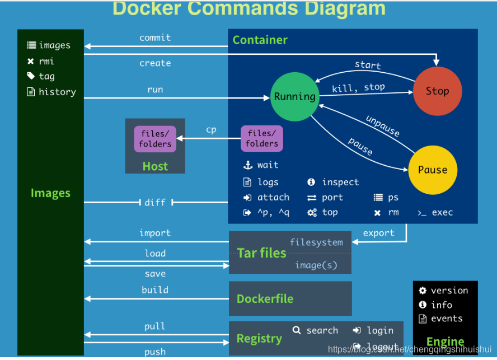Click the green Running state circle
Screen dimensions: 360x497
tap(294, 97)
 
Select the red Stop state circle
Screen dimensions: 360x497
tap(437, 91)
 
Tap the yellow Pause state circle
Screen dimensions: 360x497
tap(433, 170)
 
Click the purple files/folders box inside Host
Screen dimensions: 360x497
tap(155, 139)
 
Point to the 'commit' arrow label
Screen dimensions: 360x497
tap(155, 38)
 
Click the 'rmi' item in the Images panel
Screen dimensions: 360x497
tap(46, 61)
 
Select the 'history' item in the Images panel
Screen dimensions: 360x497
tap(57, 92)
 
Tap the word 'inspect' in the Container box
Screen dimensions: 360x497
tap(340, 182)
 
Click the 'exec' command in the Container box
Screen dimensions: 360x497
tap(442, 213)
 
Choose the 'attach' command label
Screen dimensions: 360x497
tap(273, 198)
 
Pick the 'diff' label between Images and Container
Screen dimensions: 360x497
tap(155, 202)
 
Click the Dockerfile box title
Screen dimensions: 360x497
tap(265, 299)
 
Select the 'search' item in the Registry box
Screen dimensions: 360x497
tap(322, 330)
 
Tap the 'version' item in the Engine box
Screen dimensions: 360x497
tap(449, 291)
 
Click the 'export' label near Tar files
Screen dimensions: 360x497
tap(378, 233)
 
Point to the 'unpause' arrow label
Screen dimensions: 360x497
tap(383, 126)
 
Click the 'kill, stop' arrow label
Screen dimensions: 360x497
tap(358, 87)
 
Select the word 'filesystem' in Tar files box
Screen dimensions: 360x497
tap(316, 242)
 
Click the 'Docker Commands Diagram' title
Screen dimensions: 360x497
tap(248, 8)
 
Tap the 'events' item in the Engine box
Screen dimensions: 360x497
tap(447, 319)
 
